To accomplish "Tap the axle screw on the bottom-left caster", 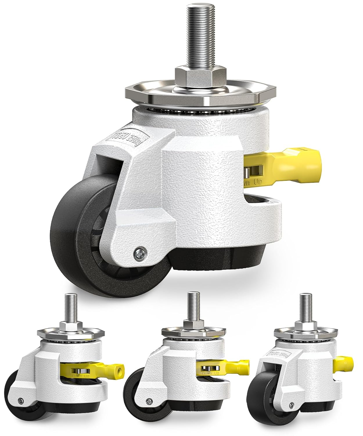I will tap(20, 402).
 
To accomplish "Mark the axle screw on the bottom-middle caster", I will tap(149, 401).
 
